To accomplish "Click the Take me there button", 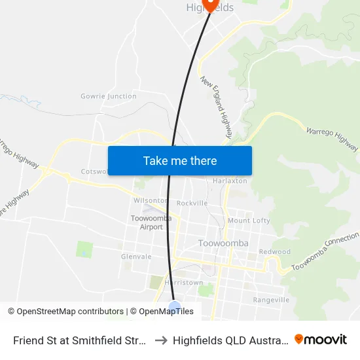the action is coord(180,160).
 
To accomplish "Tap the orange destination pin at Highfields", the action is coord(210,4).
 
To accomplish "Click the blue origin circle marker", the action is coord(175,308).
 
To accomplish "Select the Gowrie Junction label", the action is coord(109,96).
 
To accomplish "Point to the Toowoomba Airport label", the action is coord(147,223).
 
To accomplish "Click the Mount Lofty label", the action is coord(249,221).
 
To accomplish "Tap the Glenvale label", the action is coord(136,257).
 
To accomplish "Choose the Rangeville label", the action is coord(271,300).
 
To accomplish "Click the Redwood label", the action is coord(274,252).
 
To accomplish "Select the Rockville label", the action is coord(192,203).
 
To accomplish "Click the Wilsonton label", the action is coord(150,201).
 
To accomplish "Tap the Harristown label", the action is coord(184,283).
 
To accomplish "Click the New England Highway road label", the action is coord(217,108).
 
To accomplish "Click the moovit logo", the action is coord(321,339).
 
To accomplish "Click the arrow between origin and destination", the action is coord(160,340).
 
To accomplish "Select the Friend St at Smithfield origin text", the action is coord(79,340).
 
